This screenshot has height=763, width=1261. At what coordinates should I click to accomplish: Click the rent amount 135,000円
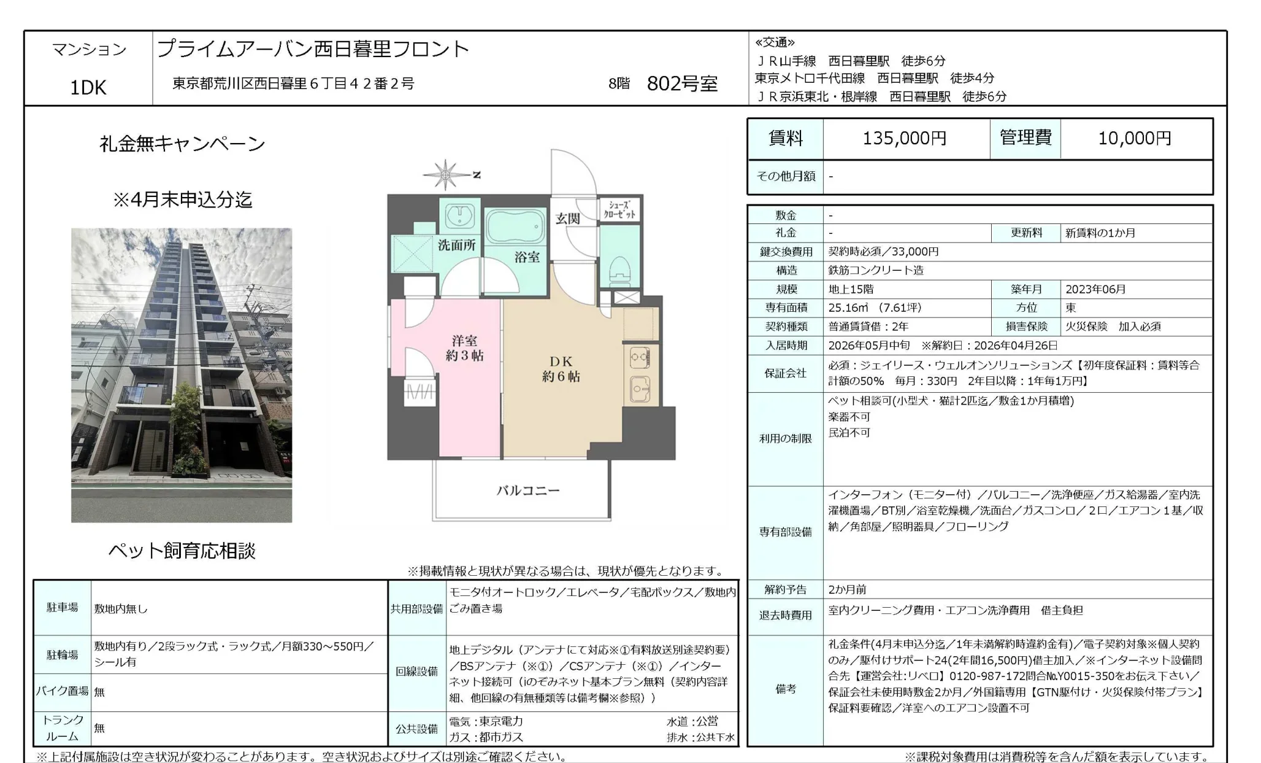coord(904,139)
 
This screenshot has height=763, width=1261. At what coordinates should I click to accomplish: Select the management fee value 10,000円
coord(1134,139)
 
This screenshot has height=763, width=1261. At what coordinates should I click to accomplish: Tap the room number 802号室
coord(682,83)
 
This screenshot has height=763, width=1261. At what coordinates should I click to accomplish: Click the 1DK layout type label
coord(88,88)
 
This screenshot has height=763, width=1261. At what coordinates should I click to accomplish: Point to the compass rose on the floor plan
coord(446,175)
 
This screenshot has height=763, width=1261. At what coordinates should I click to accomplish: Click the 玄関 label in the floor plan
coord(568,219)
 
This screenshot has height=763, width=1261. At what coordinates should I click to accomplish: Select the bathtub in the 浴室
coord(515,228)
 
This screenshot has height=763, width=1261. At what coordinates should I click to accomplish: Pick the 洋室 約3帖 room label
coord(464,348)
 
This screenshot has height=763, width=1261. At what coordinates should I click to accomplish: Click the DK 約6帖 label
coord(561,369)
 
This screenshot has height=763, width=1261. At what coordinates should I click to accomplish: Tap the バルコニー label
coord(527,490)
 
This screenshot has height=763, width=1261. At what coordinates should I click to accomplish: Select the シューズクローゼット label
coord(619,209)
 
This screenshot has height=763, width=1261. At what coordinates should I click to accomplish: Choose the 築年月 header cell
coord(1026,289)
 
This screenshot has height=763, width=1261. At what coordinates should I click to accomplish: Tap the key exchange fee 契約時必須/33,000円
coord(883,252)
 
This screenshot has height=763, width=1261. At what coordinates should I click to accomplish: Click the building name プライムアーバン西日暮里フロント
coord(313,49)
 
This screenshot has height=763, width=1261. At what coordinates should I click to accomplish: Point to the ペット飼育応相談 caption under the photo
coord(182,551)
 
